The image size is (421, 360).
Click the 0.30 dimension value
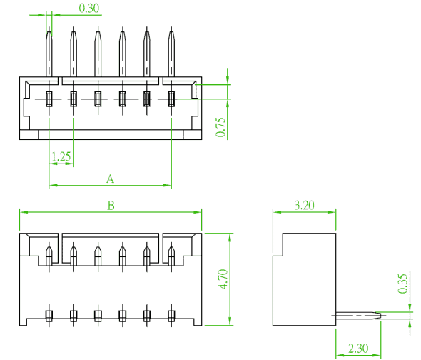[89, 8]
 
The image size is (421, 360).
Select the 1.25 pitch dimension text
[61, 156]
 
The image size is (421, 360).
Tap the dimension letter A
[110, 179]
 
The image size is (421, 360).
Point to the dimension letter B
[111, 206]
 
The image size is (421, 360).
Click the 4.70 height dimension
[223, 279]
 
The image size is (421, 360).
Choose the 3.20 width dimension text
[304, 205]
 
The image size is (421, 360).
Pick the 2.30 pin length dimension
[358, 349]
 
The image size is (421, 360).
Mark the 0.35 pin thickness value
[402, 284]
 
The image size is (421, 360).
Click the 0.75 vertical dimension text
[220, 127]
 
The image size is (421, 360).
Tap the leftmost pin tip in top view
[49, 27]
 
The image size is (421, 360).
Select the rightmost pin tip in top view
[171, 27]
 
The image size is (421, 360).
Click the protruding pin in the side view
[358, 316]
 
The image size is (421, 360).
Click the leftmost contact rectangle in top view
[49, 99]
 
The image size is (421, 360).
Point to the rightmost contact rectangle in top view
[171, 99]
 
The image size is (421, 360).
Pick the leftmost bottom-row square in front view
[49, 316]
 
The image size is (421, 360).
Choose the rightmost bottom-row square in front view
[171, 316]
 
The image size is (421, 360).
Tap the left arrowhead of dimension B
[24, 212]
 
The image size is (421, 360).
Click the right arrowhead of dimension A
[167, 185]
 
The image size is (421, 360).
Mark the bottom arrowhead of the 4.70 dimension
[230, 321]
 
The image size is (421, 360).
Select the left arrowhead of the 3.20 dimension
[277, 212]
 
